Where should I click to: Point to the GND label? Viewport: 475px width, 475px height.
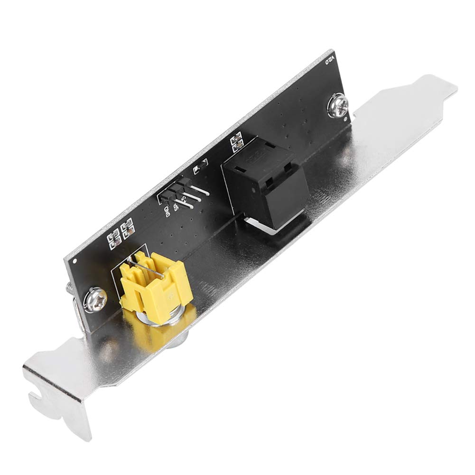[168, 210]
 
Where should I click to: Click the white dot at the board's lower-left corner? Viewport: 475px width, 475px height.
[75, 261]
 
